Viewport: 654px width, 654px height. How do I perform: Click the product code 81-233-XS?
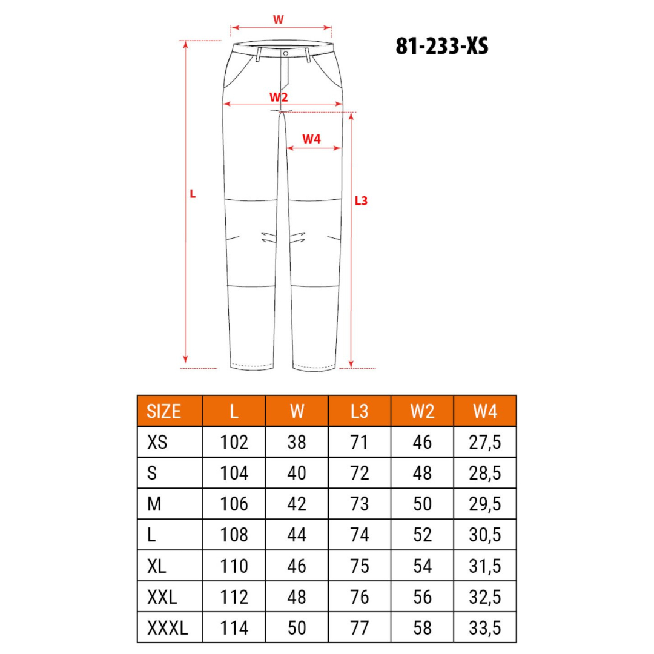[x=441, y=46]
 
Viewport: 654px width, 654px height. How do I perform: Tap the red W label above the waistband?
[x=278, y=19]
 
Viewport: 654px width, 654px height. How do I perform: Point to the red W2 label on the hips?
[x=279, y=97]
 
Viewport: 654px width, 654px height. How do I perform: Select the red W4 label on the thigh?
[x=312, y=139]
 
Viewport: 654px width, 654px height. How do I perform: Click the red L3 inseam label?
[x=361, y=201]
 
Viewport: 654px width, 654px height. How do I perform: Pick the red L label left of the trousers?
[x=193, y=194]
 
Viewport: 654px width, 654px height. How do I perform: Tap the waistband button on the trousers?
[x=286, y=54]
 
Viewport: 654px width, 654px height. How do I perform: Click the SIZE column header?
[x=163, y=411]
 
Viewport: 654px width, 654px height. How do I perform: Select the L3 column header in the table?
[x=360, y=411]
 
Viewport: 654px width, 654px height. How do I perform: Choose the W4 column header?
[x=485, y=411]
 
